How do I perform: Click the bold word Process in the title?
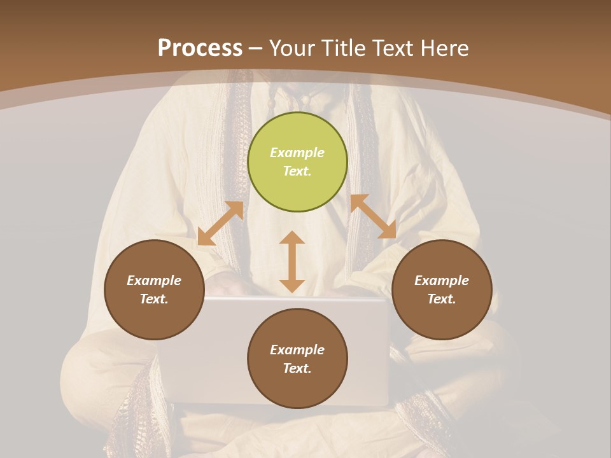tap(200, 48)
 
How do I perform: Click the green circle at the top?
tap(297, 162)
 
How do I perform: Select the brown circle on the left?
tap(154, 289)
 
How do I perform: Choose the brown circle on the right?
tap(442, 289)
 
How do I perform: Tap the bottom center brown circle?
tap(297, 359)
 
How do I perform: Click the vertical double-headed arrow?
tap(292, 261)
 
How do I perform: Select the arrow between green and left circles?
tap(220, 223)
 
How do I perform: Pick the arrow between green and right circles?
tap(373, 216)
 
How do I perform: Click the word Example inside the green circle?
tap(297, 153)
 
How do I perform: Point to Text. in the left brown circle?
tap(154, 299)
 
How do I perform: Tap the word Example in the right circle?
tap(442, 281)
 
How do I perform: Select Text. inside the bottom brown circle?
tap(297, 368)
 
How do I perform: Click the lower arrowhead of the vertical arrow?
tap(292, 286)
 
